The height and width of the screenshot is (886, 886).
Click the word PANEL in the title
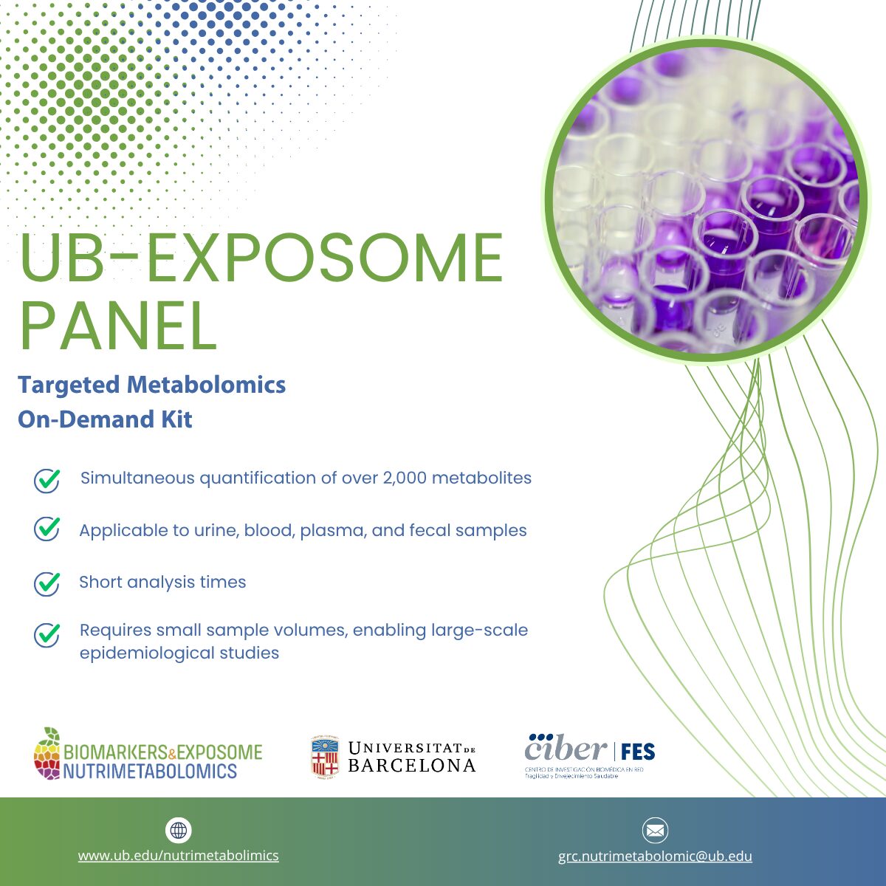(x=118, y=326)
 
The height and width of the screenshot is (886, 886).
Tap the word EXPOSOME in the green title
(x=325, y=258)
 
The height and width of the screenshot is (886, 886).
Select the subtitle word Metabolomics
(x=206, y=385)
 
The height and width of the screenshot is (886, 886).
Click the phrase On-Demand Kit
(x=105, y=419)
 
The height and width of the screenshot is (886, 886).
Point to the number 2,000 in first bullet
(x=405, y=478)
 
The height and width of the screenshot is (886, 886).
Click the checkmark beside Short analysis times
(x=47, y=584)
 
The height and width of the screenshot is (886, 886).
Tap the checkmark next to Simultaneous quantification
(x=47, y=481)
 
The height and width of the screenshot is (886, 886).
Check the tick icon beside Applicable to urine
(x=47, y=529)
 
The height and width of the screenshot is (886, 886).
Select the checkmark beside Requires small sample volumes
(x=47, y=635)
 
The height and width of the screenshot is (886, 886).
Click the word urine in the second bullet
(x=216, y=531)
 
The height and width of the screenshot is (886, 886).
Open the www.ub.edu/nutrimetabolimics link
(x=179, y=855)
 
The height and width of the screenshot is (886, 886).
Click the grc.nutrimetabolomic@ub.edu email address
(x=655, y=856)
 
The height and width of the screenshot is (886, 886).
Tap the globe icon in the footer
(x=179, y=831)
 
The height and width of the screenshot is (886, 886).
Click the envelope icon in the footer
(x=655, y=831)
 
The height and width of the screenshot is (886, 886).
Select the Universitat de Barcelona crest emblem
(x=325, y=757)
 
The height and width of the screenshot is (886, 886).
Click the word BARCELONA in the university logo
(x=412, y=766)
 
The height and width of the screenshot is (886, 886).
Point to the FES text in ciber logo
(x=638, y=752)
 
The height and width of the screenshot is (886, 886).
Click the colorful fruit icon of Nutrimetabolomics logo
(x=47, y=754)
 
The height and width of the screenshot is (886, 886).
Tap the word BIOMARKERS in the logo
(x=115, y=752)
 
